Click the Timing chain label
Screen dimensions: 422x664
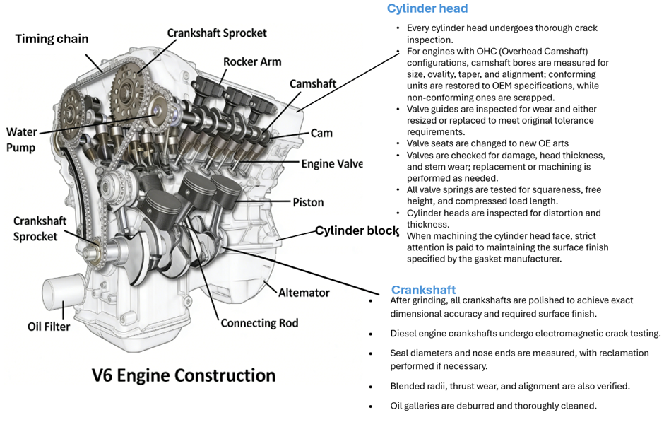[x=52, y=39]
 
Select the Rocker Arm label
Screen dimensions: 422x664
[x=251, y=61]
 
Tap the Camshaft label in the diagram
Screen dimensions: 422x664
[x=312, y=83]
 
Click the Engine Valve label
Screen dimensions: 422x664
[x=331, y=164]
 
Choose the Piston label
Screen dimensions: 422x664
[x=308, y=202]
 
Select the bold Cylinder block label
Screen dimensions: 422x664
[x=357, y=231]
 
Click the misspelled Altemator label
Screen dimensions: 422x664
[x=304, y=292]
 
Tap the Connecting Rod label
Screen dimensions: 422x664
[x=259, y=323]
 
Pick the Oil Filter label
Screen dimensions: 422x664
[x=49, y=327]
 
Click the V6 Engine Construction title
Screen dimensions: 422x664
[x=184, y=375]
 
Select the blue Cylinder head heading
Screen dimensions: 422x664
[x=427, y=8]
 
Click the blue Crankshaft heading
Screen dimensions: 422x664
[x=423, y=290]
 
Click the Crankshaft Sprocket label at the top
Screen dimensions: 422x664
[x=217, y=33]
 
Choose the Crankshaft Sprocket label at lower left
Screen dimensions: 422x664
[x=40, y=228]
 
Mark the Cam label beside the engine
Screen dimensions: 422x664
[x=321, y=133]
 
